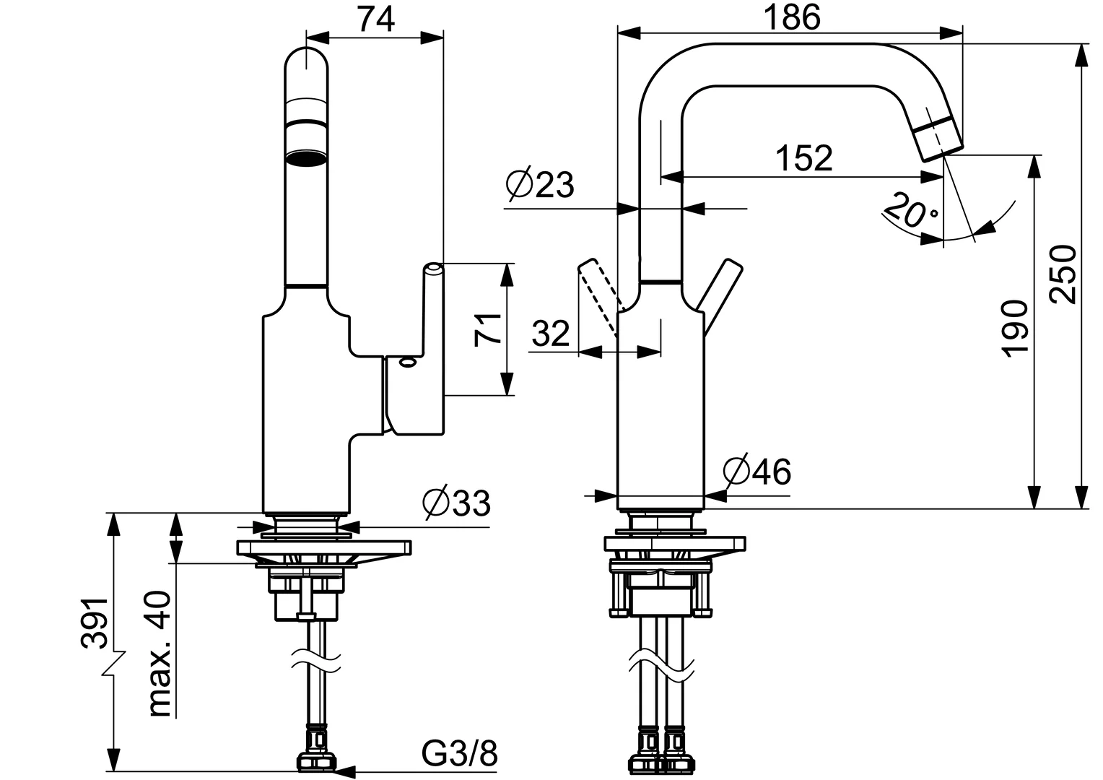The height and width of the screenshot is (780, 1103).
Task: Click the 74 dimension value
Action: [x=375, y=19]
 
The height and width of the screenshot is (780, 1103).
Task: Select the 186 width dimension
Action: [x=793, y=17]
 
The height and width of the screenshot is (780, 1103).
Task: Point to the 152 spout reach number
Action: [x=803, y=157]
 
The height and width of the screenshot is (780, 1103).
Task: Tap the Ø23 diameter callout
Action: [x=540, y=185]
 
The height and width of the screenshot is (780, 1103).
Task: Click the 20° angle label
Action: [x=911, y=210]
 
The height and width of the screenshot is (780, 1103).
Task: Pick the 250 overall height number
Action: [x=1062, y=274]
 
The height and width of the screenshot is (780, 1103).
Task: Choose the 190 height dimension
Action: [x=1015, y=328]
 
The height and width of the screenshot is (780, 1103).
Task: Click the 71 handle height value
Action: [x=489, y=329]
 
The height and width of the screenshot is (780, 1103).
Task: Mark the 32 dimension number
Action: [x=551, y=334]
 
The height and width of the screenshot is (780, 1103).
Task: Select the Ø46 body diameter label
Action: [x=757, y=471]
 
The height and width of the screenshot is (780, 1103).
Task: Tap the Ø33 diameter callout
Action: [x=456, y=503]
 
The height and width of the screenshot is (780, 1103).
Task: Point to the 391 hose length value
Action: [x=94, y=623]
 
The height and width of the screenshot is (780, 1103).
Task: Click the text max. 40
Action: [x=160, y=654]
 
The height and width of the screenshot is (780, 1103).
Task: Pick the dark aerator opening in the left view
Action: [x=306, y=158]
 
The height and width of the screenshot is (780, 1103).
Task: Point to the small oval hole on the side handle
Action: [x=408, y=363]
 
